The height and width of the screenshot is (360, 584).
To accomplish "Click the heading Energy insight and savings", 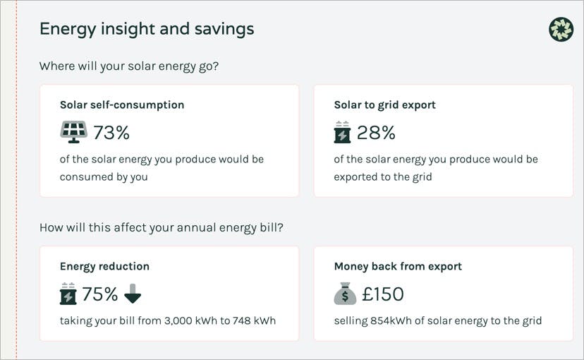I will [147, 29].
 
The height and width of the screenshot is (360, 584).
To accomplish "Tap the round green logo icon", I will [561, 29].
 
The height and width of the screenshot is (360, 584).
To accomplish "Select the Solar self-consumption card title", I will [122, 104].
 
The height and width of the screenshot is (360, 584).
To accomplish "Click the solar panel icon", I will [73, 132].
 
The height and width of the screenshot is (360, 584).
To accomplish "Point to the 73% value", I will [111, 132].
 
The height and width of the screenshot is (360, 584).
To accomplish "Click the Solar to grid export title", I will [384, 104].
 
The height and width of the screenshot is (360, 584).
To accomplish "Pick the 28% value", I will [376, 132].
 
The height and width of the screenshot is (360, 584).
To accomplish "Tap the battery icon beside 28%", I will [342, 132].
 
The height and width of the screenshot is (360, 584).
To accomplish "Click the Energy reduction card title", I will [104, 266].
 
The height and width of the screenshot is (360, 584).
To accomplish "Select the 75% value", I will [100, 294].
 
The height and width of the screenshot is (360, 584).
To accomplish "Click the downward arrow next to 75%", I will [133, 294].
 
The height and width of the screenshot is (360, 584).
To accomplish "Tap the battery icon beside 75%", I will [68, 294].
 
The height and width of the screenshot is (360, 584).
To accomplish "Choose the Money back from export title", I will [398, 266].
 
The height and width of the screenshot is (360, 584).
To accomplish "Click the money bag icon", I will [344, 294].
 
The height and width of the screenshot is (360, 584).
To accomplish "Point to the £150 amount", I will [382, 294].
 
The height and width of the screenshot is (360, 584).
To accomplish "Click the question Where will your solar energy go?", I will [129, 66].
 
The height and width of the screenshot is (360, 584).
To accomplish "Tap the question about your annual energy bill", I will [161, 228].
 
